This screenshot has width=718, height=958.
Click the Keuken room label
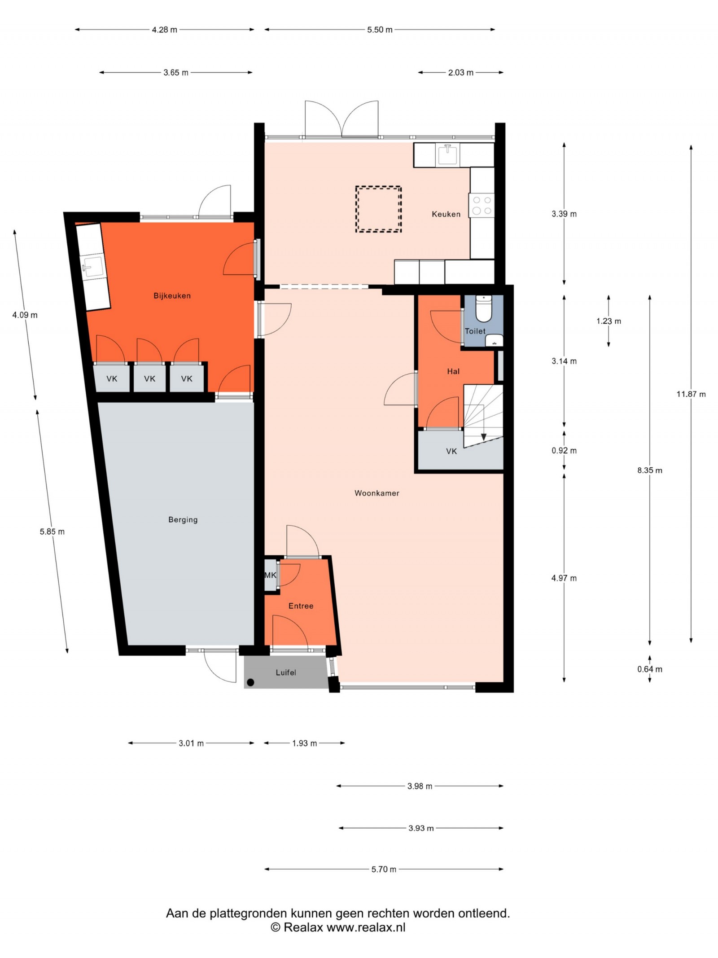click(446, 214)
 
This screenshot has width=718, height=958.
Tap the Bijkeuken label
click(172, 296)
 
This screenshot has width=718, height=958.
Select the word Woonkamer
click(377, 493)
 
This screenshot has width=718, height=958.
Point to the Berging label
click(183, 520)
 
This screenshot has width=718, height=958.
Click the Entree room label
click(301, 606)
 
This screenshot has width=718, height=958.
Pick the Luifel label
click(286, 672)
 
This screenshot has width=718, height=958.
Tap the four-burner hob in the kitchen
click(482, 205)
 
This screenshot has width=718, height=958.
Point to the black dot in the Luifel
click(250, 682)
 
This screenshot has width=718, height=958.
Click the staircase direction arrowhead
click(483, 437)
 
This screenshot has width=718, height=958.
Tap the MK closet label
click(270, 575)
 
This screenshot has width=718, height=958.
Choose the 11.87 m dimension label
click(691, 394)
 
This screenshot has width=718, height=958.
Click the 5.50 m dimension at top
click(380, 30)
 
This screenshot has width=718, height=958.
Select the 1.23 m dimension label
click(609, 321)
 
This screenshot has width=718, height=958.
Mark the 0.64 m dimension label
click(649, 669)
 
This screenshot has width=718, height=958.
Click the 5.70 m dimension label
click(384, 869)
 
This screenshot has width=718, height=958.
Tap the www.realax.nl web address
click(366, 927)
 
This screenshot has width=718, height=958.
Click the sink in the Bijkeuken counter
click(92, 267)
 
